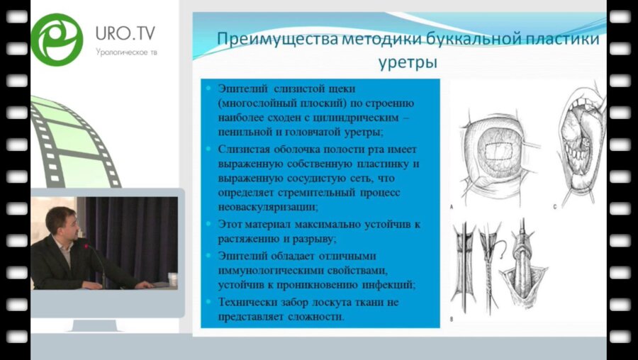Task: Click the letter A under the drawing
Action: click(452, 206)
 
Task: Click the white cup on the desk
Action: click(172, 278)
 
